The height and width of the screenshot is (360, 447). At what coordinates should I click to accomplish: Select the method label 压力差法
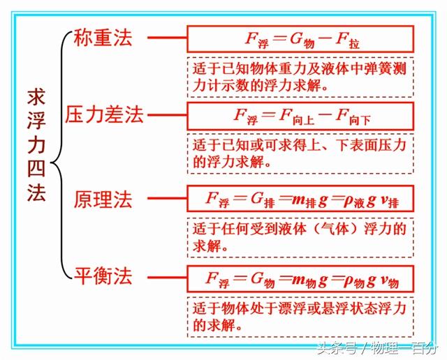(105, 114)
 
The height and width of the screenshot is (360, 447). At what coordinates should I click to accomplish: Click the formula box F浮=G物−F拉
(300, 39)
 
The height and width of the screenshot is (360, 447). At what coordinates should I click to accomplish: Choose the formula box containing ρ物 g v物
(300, 278)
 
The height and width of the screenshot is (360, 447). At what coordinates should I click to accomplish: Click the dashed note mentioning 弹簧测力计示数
(300, 77)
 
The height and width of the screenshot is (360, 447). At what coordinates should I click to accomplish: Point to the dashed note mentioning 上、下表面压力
(300, 154)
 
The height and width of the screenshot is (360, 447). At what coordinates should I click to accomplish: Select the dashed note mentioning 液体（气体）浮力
(300, 238)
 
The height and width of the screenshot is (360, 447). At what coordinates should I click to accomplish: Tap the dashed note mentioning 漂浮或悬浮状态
(300, 317)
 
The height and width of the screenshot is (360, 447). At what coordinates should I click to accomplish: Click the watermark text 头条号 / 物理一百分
(377, 347)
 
